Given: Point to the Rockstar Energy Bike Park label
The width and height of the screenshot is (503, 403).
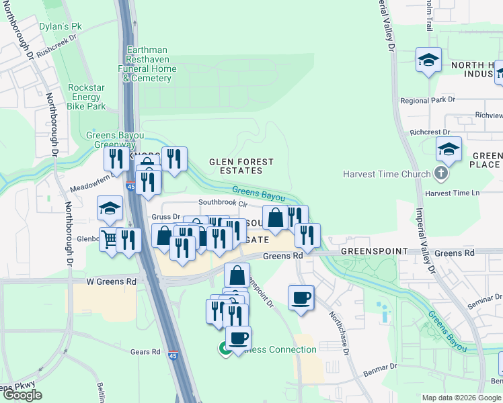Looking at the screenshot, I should [87, 97].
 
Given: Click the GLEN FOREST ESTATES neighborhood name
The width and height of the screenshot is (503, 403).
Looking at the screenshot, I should [241, 166].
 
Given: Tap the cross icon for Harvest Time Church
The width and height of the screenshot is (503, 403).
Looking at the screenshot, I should [440, 174].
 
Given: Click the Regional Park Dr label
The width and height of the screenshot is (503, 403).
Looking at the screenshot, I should [427, 100].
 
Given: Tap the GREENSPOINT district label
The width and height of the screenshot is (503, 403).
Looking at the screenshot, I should [373, 251].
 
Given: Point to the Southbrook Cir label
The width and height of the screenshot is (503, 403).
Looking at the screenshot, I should [223, 202].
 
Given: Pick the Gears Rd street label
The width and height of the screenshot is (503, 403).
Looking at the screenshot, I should [145, 351].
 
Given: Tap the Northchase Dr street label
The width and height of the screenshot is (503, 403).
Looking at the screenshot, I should [339, 333].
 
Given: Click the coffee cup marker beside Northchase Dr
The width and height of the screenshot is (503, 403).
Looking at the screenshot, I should [301, 296].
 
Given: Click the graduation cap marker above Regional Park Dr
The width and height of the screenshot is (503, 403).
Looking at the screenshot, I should [428, 60].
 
